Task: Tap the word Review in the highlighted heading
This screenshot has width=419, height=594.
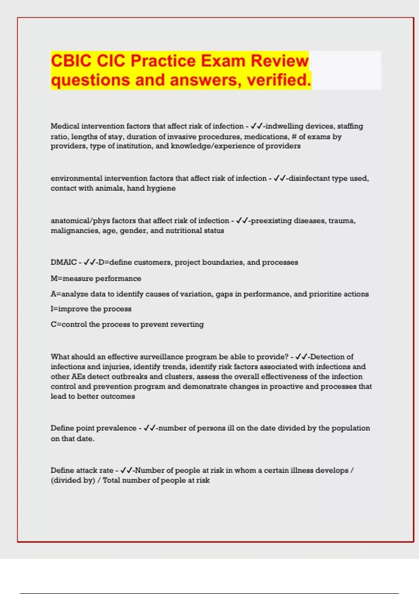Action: [x=280, y=61]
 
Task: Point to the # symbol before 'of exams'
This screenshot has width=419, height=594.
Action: [x=294, y=137]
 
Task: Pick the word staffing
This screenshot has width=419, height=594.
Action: [x=350, y=126]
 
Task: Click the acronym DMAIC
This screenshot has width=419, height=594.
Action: [x=64, y=262]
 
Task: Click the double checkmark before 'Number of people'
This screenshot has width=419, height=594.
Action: [x=126, y=470]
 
